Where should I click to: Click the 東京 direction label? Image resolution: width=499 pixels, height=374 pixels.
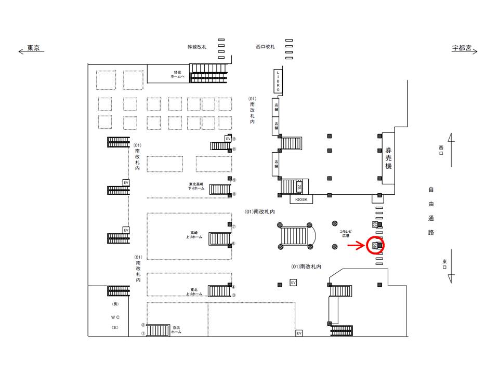pyautogui.click(x=34, y=48)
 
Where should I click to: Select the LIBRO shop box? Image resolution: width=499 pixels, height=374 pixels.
pyautogui.click(x=278, y=81)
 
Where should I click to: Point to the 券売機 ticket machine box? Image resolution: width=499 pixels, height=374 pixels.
pyautogui.click(x=388, y=158)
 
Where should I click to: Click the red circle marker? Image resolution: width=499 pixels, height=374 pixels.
pyautogui.click(x=375, y=245)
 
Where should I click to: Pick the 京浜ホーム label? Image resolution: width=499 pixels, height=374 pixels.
pyautogui.click(x=177, y=329)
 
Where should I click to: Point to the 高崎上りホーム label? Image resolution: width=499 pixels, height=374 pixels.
pyautogui.click(x=194, y=236)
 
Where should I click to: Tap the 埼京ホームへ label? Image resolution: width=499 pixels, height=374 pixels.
pyautogui.click(x=178, y=74)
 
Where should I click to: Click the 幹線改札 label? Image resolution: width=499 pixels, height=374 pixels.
pyautogui.click(x=197, y=47)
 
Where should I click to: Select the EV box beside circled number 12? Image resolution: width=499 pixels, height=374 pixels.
pyautogui.click(x=228, y=139)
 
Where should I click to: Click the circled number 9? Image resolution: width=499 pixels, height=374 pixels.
pyautogui.click(x=234, y=180)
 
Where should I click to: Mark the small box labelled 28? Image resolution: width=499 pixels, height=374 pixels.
pyautogui.click(x=299, y=184)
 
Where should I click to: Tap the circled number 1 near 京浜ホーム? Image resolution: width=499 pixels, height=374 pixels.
pyautogui.click(x=143, y=333)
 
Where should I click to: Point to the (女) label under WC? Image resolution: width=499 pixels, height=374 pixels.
pyautogui.click(x=115, y=327)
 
